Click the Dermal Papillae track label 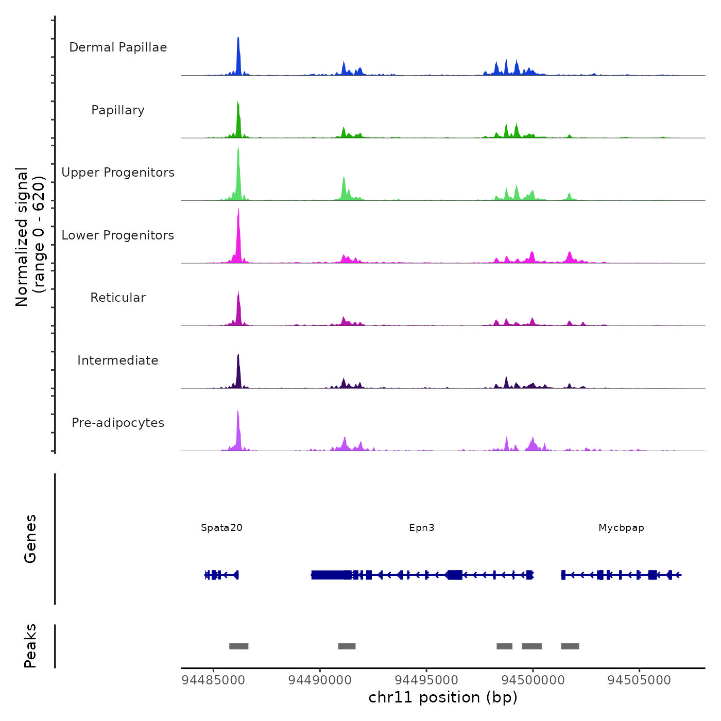118,47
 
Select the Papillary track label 118,110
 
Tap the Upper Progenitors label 118,173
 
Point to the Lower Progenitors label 118,235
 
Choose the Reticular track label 118,298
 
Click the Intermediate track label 118,360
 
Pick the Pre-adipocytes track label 118,423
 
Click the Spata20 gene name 221,528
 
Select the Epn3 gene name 422,528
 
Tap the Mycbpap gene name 621,528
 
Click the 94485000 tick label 213,680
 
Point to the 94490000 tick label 320,680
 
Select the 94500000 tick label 533,680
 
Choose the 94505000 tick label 639,680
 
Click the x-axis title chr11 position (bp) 443,698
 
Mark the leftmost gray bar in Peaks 239,646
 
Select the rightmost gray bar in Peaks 570,646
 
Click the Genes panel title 30,539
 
